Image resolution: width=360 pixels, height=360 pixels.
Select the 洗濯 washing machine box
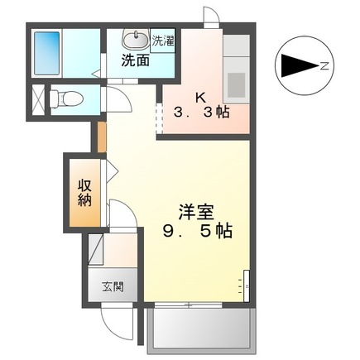tap(162, 41)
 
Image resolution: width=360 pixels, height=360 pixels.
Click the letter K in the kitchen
tap(199, 96)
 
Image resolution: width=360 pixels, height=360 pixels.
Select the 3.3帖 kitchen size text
tap(199, 112)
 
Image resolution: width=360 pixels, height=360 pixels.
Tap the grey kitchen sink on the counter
tap(235, 83)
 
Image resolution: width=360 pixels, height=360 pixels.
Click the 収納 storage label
tap(85, 192)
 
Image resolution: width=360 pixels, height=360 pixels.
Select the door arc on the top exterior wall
tap(212, 17)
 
